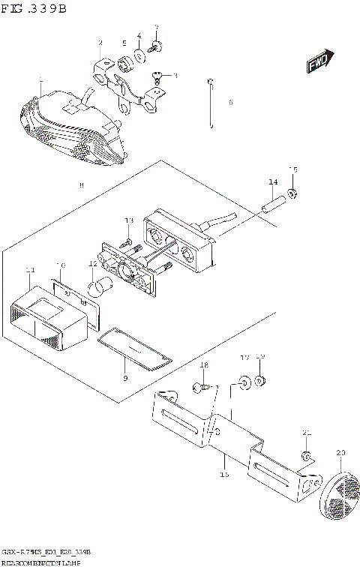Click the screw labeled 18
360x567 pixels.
199,388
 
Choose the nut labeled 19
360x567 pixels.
260,382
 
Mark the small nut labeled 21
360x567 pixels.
306,456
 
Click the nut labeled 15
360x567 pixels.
293,193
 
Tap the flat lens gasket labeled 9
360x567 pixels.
133,349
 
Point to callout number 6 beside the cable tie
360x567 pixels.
230,102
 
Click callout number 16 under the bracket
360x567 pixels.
223,474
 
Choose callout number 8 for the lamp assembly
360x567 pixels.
82,184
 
